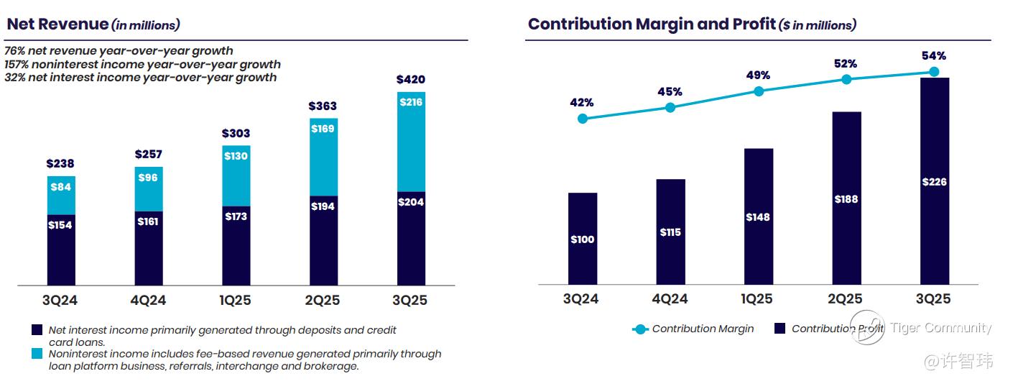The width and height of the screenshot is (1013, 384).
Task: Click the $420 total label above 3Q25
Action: tap(411, 79)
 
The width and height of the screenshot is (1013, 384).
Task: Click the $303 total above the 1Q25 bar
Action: tap(236, 133)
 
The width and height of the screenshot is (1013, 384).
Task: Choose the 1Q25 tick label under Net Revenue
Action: tap(236, 300)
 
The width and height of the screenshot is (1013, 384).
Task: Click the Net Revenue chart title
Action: tap(93, 24)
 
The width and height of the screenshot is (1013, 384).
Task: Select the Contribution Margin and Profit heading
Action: tap(691, 24)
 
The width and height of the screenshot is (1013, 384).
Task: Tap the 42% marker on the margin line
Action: tap(583, 118)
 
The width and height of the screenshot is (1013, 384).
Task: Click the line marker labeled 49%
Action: tap(759, 91)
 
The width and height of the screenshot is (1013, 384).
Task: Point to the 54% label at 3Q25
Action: tap(934, 56)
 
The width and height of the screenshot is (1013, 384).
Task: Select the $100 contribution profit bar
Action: tap(583, 239)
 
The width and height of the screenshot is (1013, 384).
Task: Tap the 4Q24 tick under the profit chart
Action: tap(670, 300)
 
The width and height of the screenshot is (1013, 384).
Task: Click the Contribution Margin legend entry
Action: tap(693, 329)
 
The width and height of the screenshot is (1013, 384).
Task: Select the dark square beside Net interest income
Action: tap(37, 330)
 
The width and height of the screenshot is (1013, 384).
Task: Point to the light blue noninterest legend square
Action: tap(37, 354)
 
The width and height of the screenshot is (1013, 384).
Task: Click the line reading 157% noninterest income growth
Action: tap(142, 64)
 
